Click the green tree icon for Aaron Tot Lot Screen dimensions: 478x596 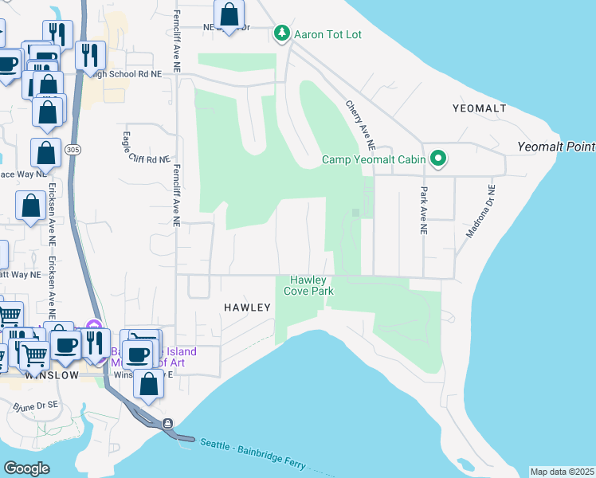[280, 33]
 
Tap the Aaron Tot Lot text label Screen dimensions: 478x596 [329, 34]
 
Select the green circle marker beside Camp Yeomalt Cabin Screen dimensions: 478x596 [437, 159]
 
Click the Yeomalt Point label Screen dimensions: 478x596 [555, 147]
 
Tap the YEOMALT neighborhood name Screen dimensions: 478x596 [480, 108]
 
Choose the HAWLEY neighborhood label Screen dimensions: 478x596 [248, 307]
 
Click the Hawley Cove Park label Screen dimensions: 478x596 [308, 285]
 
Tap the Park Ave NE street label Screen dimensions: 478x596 [422, 210]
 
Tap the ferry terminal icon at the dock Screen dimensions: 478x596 [167, 424]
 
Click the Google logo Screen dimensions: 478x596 [26, 468]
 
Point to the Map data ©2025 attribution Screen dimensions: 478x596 [562, 472]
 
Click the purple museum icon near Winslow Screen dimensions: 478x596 [94, 325]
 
